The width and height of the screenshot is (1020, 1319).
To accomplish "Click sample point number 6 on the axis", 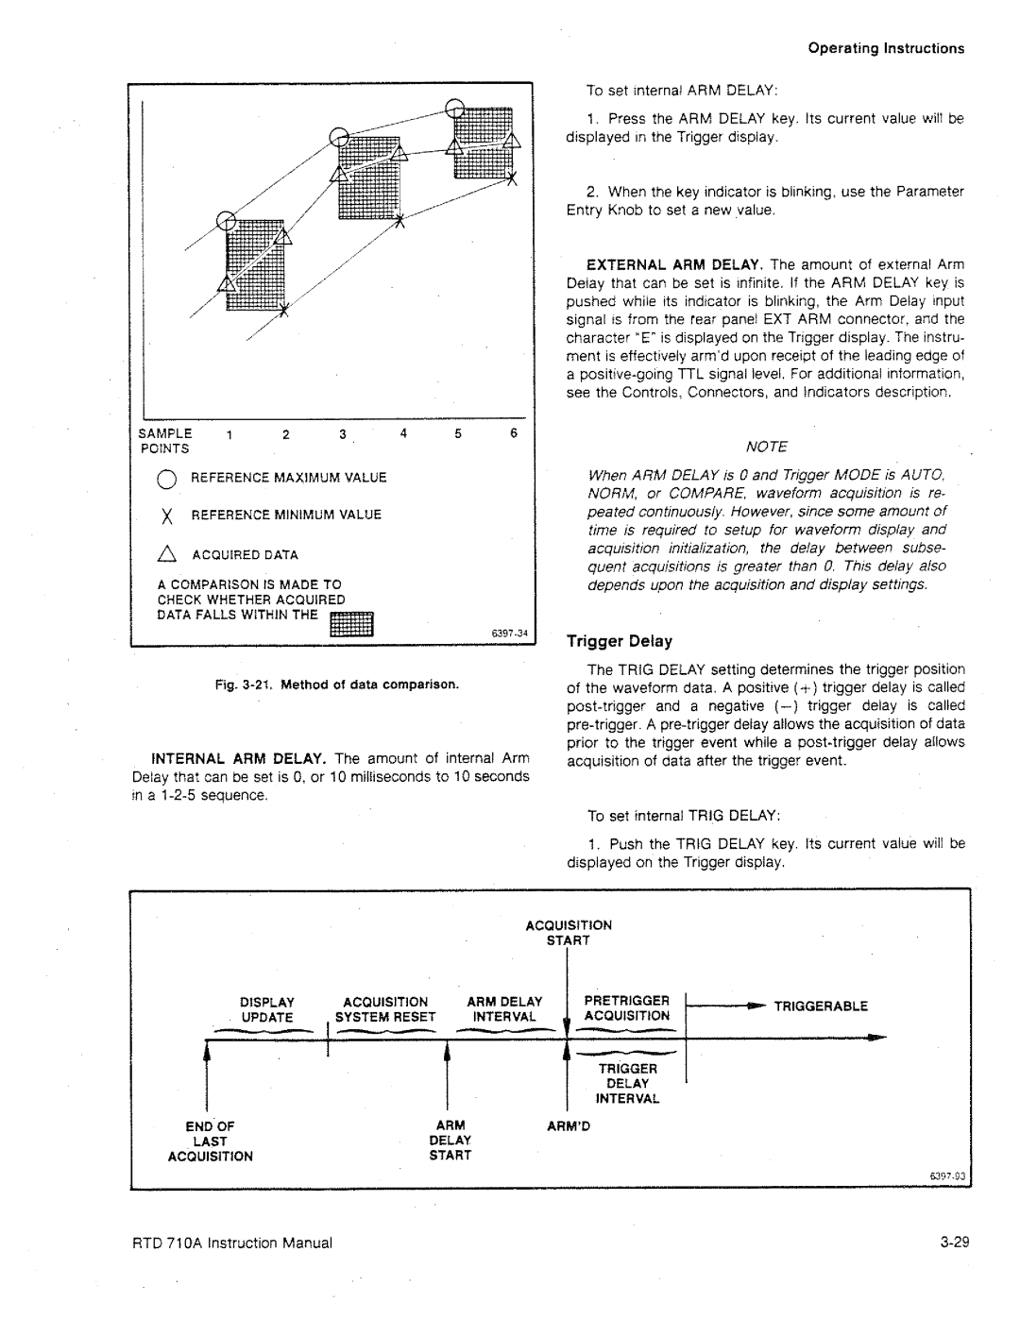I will [x=514, y=434].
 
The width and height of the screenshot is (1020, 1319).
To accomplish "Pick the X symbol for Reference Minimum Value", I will [x=168, y=515].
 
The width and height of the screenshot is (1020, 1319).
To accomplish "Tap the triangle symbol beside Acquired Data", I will [x=168, y=554].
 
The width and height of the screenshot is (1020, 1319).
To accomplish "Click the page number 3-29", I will [x=955, y=1243].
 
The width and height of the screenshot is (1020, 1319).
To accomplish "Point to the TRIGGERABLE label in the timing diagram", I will [x=821, y=1006].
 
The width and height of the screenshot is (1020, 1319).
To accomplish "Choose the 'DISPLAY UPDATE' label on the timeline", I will [x=266, y=1009].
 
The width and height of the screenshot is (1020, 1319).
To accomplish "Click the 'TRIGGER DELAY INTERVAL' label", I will [x=627, y=1084].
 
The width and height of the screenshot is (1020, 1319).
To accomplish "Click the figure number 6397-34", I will [x=510, y=633].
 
